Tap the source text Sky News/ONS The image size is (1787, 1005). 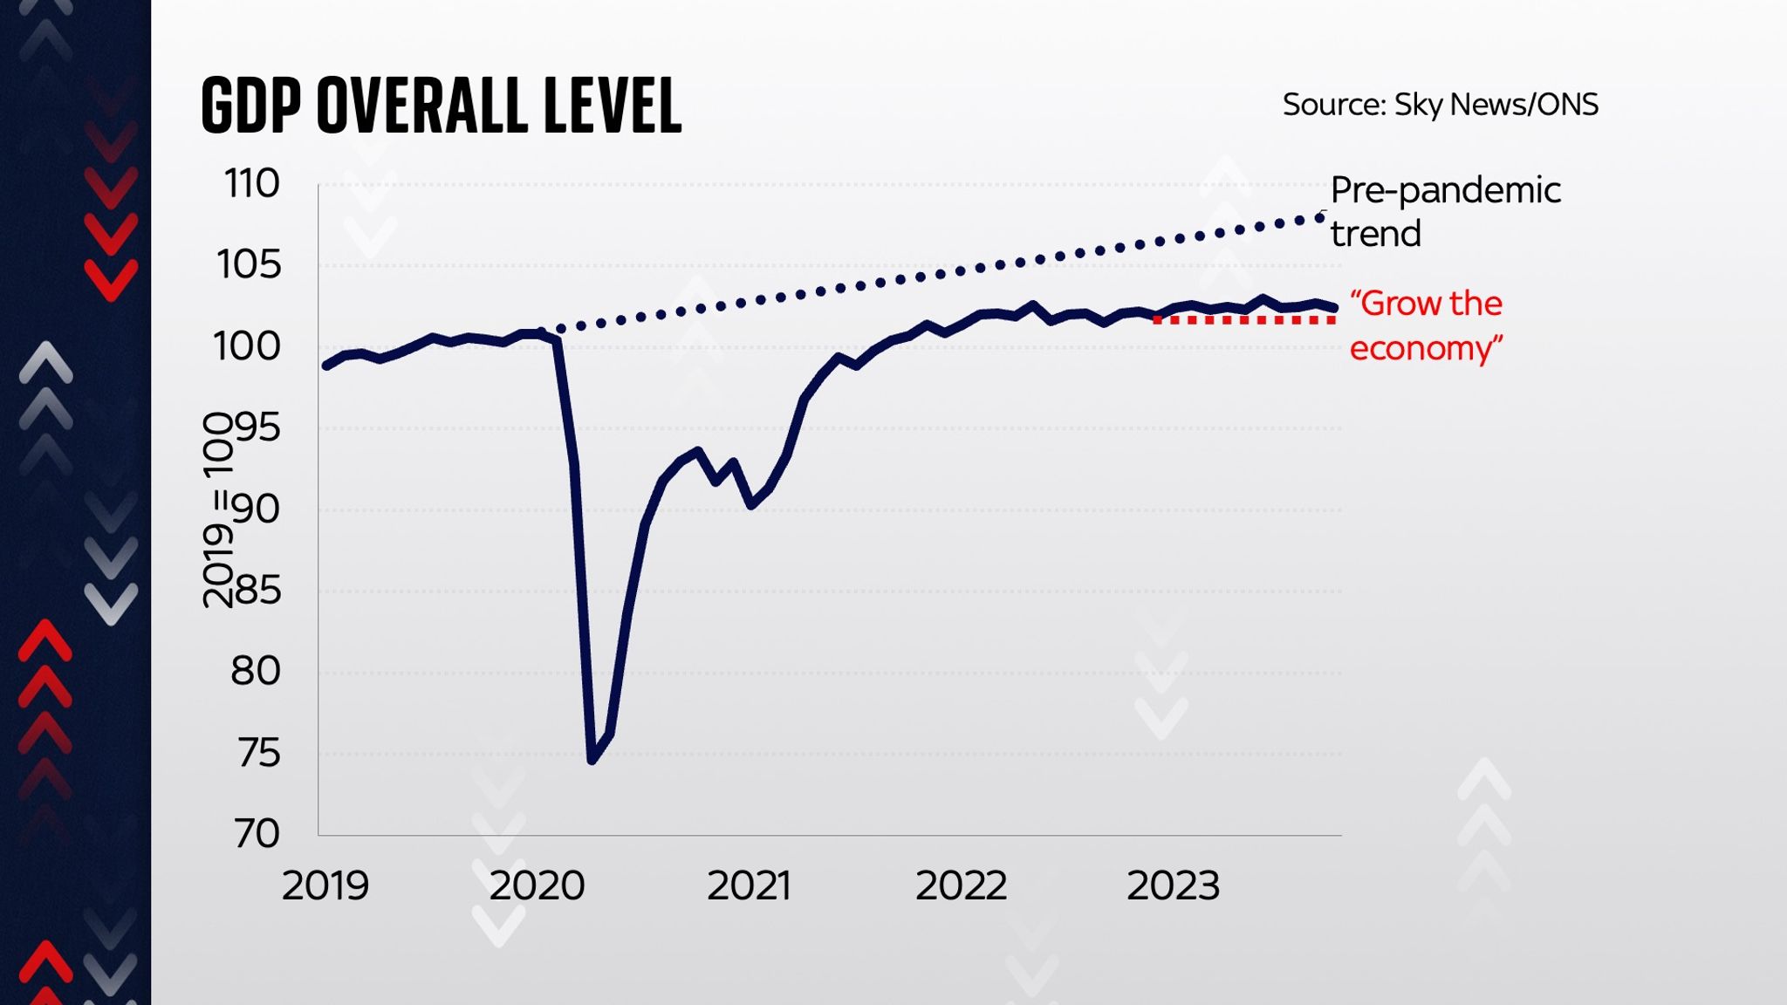[x=1440, y=105]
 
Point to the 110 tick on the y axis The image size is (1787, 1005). [x=252, y=184]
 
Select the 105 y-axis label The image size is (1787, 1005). [x=250, y=265]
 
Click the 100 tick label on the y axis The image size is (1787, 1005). [x=247, y=346]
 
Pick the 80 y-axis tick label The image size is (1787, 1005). [x=255, y=672]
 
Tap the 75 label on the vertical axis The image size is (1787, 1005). [x=258, y=753]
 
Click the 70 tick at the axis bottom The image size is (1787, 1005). [x=257, y=834]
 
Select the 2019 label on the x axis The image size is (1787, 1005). [x=325, y=886]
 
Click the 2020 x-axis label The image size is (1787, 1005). [x=537, y=886]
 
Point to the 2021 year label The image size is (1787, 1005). [x=749, y=886]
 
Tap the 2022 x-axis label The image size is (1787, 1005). [x=961, y=886]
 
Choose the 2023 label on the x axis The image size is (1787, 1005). [x=1173, y=886]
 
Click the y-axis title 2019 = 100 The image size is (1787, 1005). [x=218, y=510]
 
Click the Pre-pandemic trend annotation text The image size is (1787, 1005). [x=1444, y=211]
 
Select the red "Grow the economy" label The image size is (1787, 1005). [x=1426, y=325]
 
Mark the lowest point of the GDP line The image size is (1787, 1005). [x=592, y=760]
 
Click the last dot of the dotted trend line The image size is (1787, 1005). [x=1320, y=217]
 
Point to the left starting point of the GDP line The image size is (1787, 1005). [x=326, y=366]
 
